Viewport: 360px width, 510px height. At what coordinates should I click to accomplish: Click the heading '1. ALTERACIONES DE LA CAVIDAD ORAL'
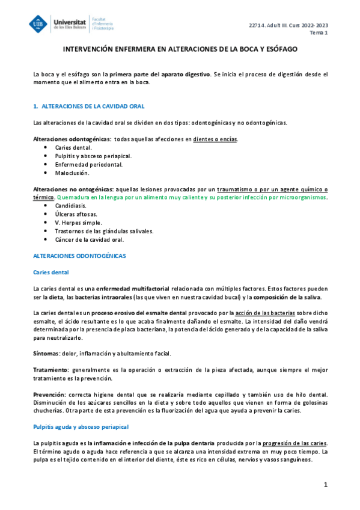click(x=89, y=106)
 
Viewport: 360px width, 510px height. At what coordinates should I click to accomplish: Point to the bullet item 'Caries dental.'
click(x=73, y=147)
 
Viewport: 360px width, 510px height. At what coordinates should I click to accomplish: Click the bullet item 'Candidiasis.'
click(x=72, y=205)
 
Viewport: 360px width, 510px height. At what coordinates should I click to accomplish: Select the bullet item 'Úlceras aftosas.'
click(x=76, y=214)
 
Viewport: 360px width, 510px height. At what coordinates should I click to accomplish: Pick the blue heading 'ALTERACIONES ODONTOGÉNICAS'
click(x=79, y=256)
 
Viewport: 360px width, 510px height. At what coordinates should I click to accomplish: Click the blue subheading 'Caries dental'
click(x=52, y=272)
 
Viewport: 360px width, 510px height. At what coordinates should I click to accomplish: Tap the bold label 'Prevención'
click(x=49, y=393)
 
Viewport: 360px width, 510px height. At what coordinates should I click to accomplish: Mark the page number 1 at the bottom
click(x=325, y=484)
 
